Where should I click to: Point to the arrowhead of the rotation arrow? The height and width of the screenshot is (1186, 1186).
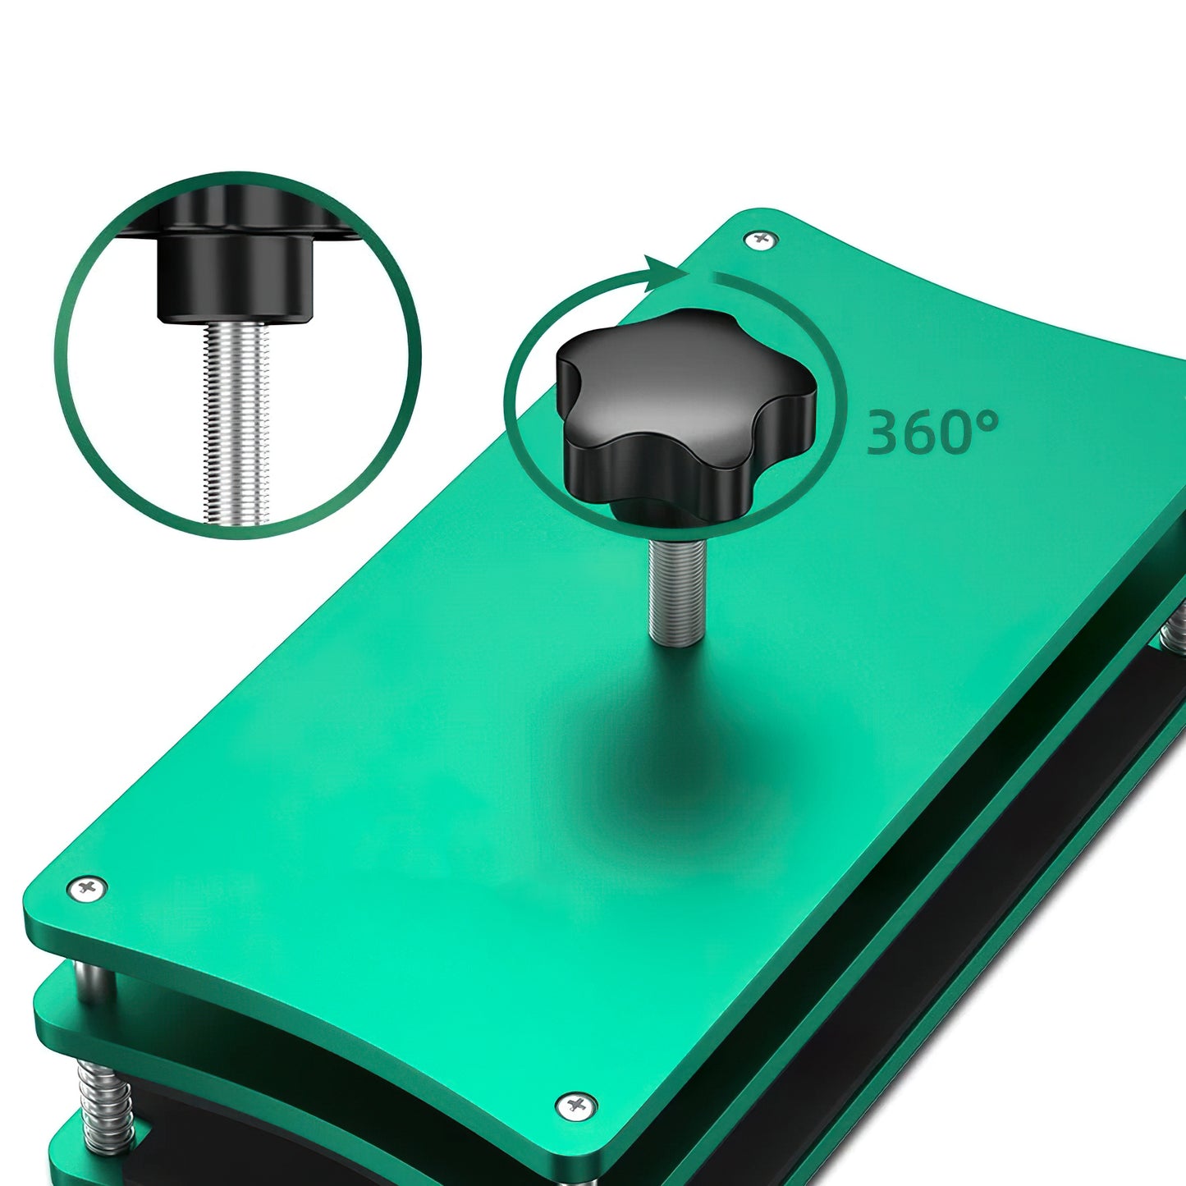663,276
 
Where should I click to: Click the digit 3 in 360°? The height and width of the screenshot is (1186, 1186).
885,433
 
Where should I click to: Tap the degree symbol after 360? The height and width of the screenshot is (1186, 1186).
988,422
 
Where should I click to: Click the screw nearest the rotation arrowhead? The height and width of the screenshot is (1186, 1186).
762,237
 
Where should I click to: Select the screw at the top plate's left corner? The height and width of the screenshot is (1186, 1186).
87,887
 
